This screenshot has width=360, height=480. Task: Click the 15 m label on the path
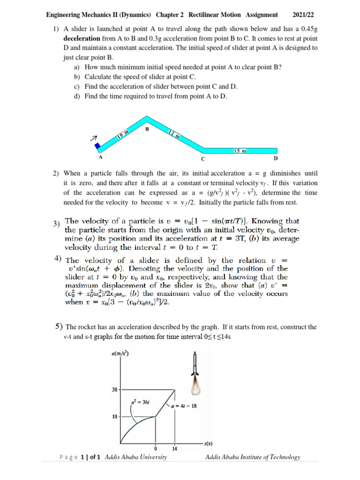pyautogui.click(x=240, y=151)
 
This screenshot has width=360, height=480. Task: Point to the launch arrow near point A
pyautogui.click(x=93, y=139)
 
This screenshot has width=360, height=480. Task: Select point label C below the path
pyautogui.click(x=203, y=159)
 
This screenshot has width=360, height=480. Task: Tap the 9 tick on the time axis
pyautogui.click(x=155, y=449)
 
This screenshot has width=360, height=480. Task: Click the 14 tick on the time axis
pyautogui.click(x=174, y=449)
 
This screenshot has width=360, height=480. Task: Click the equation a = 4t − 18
pyautogui.click(x=187, y=406)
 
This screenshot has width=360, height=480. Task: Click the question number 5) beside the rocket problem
pyautogui.click(x=58, y=326)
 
